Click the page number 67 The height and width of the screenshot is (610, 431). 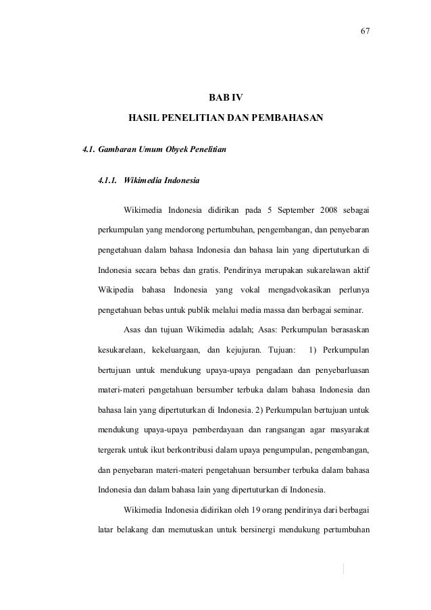pyautogui.click(x=365, y=32)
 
